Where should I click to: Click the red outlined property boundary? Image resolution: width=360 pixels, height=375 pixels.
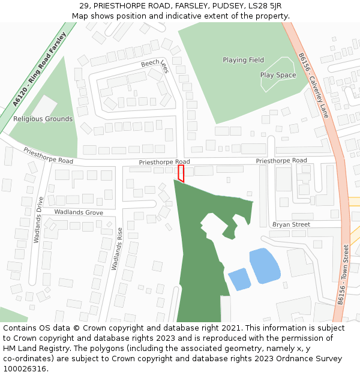[x=181, y=173]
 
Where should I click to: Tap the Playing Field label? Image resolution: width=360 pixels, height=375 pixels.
[x=243, y=60]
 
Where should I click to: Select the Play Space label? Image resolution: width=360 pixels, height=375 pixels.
[x=278, y=75]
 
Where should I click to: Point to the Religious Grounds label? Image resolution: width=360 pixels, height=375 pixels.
[x=43, y=119]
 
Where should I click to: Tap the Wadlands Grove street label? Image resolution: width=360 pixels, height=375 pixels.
[x=78, y=212]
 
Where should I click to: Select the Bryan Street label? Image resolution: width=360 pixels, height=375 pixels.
[x=291, y=224]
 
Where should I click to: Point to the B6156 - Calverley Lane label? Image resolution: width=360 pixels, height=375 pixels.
[x=314, y=85]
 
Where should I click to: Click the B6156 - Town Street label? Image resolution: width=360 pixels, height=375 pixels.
[x=343, y=275]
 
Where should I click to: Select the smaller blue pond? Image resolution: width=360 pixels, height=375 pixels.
[x=239, y=279]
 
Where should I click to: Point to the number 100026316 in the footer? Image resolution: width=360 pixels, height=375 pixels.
[x=25, y=369]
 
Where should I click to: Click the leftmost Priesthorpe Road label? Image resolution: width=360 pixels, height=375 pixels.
[x=48, y=156]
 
